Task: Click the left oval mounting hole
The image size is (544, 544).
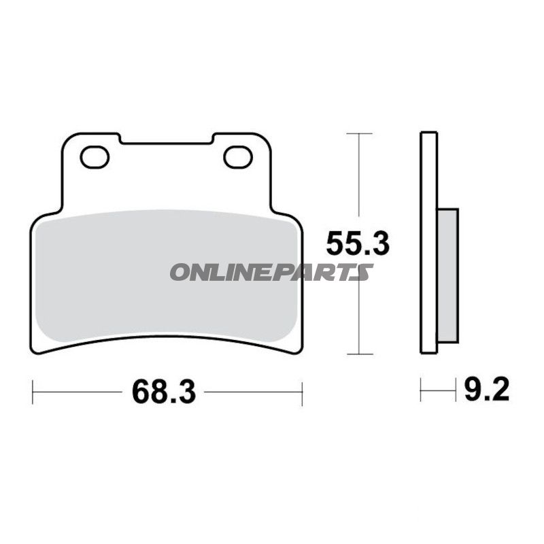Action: click(x=95, y=157)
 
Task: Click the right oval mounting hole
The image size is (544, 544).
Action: click(x=238, y=157)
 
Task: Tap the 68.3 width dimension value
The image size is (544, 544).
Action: click(x=164, y=392)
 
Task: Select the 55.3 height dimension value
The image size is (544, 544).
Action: click(x=358, y=243)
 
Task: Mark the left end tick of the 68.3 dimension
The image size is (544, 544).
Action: click(x=33, y=392)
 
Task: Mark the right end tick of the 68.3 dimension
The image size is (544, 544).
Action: click(x=301, y=392)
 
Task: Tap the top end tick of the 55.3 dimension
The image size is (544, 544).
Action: click(x=359, y=133)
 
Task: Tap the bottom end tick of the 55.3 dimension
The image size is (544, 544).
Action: click(x=359, y=354)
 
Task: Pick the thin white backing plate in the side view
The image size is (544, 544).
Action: click(x=428, y=242)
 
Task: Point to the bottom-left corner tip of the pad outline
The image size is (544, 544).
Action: click(x=37, y=352)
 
